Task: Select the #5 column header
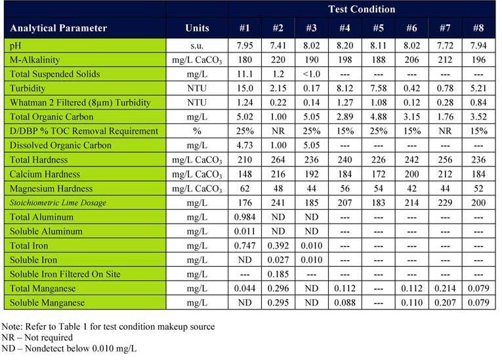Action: pyautogui.click(x=378, y=28)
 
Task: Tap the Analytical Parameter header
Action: pyautogui.click(x=58, y=28)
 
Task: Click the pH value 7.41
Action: pyautogui.click(x=278, y=45)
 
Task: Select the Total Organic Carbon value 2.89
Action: pyautogui.click(x=345, y=117)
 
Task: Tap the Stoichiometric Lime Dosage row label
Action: pyautogui.click(x=58, y=203)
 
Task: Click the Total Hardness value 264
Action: pyautogui.click(x=278, y=159)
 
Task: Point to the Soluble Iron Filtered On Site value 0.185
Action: pyautogui.click(x=278, y=274)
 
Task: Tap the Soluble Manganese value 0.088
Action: pyautogui.click(x=345, y=303)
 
